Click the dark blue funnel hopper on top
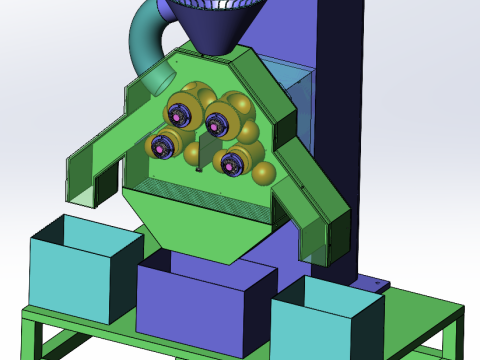(x=215, y=25)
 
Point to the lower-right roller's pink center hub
(x=231, y=162)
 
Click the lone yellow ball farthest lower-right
(x=263, y=174)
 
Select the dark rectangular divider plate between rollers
(x=206, y=150)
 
